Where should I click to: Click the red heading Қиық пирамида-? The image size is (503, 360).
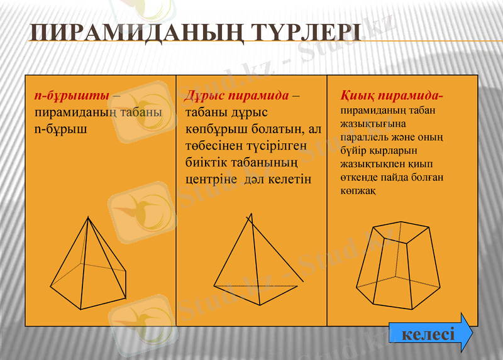392,96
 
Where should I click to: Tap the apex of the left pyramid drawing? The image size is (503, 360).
89,217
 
